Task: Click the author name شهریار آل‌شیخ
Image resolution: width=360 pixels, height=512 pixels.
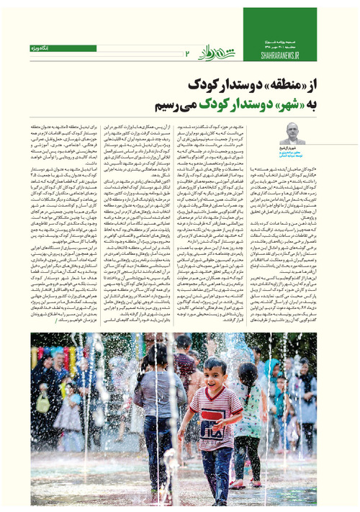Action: pos(294,148)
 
